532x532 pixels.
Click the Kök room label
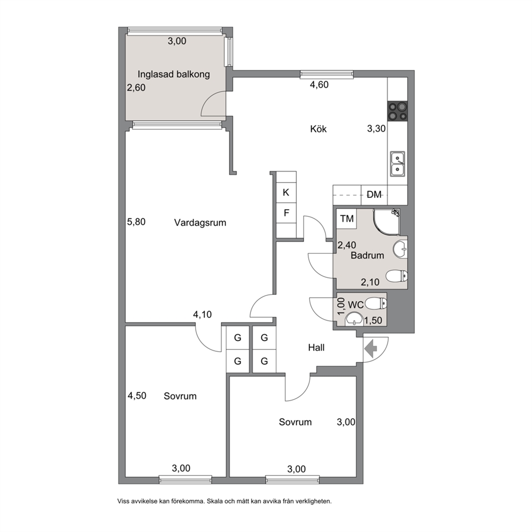[x=318, y=129]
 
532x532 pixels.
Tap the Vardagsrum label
[x=200, y=223]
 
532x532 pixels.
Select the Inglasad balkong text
[x=174, y=75]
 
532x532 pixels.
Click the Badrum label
[x=367, y=255]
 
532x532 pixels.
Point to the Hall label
[x=316, y=348]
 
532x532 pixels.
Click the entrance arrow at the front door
[x=371, y=348]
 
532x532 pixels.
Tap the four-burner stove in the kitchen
[x=397, y=111]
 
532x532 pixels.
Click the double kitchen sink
[x=397, y=164]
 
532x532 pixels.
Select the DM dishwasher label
[x=374, y=195]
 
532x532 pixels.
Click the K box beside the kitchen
[x=286, y=193]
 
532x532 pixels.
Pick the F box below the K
[x=286, y=213]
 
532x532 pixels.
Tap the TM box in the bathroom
[x=347, y=219]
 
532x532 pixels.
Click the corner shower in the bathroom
[x=387, y=222]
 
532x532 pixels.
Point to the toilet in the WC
[x=376, y=303]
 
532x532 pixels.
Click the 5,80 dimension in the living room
[x=136, y=222]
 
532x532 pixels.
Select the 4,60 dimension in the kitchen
[x=319, y=85]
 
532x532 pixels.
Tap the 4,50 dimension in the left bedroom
[x=137, y=396]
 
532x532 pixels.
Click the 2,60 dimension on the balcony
[x=136, y=87]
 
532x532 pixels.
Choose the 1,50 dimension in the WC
[x=373, y=320]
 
